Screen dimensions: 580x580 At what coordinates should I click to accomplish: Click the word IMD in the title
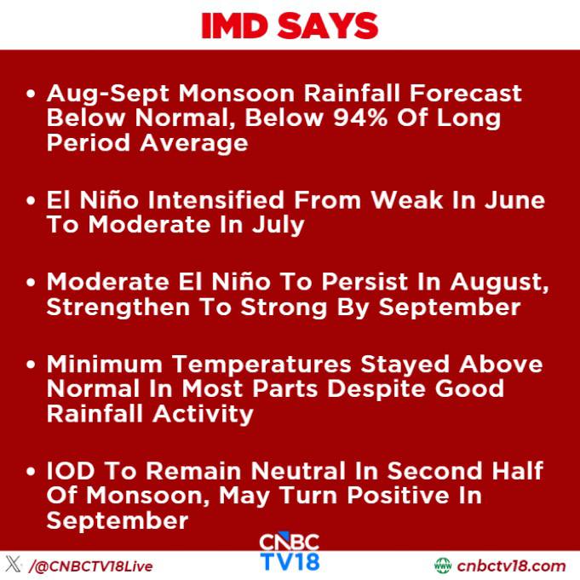tap(234, 26)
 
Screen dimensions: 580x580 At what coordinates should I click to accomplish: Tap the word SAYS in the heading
tap(328, 26)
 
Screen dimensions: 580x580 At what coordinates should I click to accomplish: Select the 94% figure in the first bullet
tap(360, 118)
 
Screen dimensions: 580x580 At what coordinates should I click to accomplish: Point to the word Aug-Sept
tap(108, 94)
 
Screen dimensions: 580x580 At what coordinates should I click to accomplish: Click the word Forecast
tap(465, 93)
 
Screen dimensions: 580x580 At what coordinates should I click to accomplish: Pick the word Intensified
tap(217, 200)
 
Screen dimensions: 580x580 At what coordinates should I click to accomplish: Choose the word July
tap(279, 226)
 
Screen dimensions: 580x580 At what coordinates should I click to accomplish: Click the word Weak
tap(407, 200)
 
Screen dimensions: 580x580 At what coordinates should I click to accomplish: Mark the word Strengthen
tap(118, 307)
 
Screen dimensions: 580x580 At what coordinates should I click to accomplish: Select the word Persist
tap(365, 282)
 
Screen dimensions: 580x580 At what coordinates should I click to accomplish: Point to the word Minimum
tap(105, 364)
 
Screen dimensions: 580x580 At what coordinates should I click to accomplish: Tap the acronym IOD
tap(71, 471)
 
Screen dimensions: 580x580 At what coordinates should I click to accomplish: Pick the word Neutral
tap(298, 471)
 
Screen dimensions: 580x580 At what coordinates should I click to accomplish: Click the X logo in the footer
tap(14, 564)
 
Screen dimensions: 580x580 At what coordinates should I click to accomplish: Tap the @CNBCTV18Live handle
tap(91, 566)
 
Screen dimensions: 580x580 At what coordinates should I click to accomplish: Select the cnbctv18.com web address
tap(511, 566)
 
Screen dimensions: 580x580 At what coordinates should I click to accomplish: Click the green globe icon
tap(443, 566)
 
